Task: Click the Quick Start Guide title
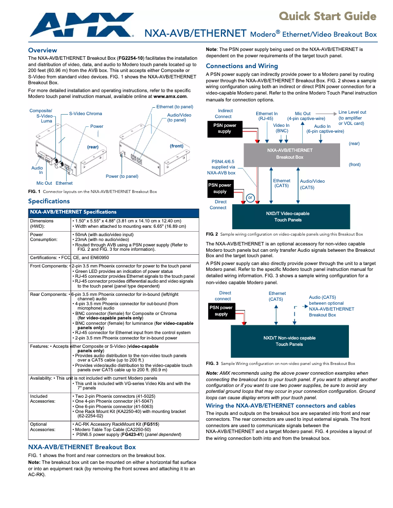click(327, 16)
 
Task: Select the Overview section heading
click(43, 50)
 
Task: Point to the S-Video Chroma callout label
click(85, 114)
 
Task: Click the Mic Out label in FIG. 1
click(44, 183)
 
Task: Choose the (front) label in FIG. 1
click(176, 146)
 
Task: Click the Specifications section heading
click(49, 201)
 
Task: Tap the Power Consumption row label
click(44, 238)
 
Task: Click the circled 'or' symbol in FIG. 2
click(250, 197)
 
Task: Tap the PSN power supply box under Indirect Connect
click(224, 128)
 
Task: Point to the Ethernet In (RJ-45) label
click(267, 116)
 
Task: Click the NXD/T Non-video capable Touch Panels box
click(289, 341)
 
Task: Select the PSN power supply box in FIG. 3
click(221, 311)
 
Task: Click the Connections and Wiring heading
click(242, 66)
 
